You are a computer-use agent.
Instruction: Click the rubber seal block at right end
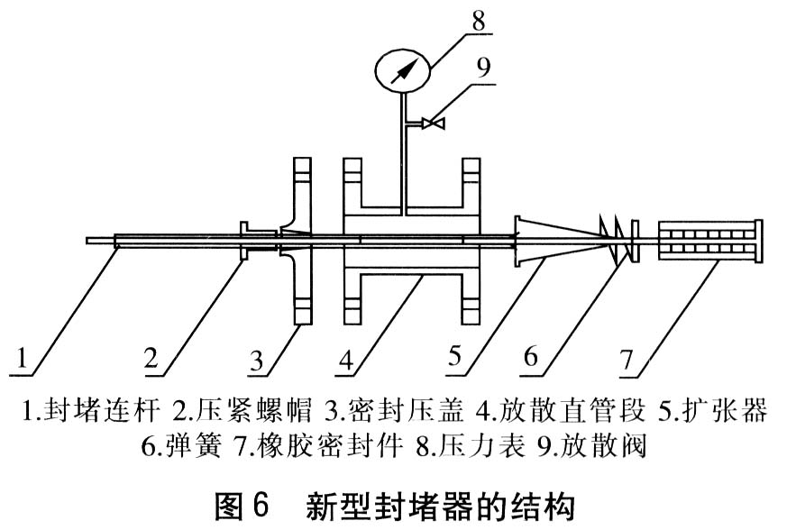click(709, 242)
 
